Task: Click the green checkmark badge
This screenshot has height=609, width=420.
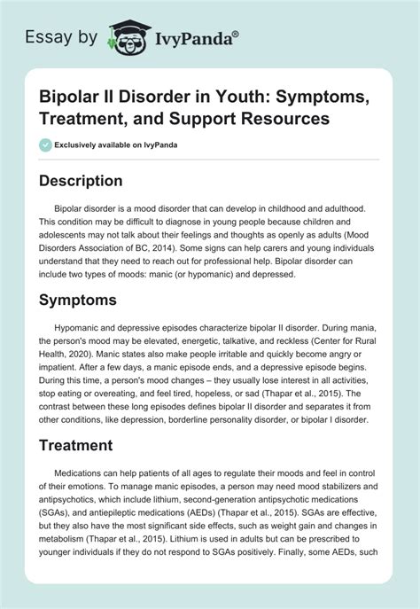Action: point(45,145)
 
